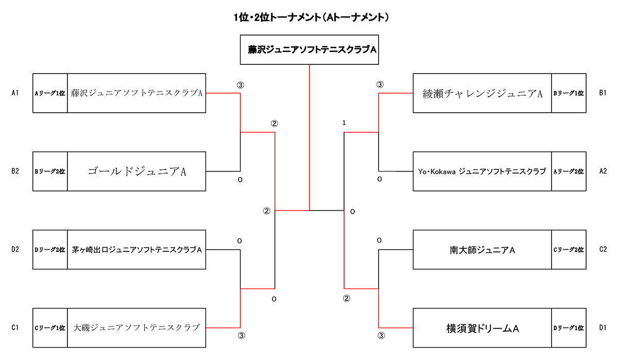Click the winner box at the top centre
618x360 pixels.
click(x=310, y=49)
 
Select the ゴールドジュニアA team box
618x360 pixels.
click(x=136, y=172)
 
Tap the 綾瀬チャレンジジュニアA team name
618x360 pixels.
click(x=482, y=93)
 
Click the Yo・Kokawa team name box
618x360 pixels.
click(x=482, y=172)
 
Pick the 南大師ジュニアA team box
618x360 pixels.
click(x=482, y=250)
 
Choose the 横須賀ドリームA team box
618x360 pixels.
click(x=482, y=328)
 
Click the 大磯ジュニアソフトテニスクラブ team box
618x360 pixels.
click(x=136, y=328)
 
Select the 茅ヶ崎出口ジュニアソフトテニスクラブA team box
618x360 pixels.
click(x=136, y=250)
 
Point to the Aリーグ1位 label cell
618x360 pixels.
click(x=50, y=93)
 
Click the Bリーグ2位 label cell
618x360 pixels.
click(x=50, y=172)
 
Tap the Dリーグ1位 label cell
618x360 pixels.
click(x=569, y=328)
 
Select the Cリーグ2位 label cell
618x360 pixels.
click(x=569, y=250)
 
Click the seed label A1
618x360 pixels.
click(x=15, y=93)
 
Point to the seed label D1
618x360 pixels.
click(x=603, y=328)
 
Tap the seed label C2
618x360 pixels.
click(x=603, y=250)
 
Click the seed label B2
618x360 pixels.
click(x=15, y=172)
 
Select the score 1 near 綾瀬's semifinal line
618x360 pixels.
click(x=344, y=123)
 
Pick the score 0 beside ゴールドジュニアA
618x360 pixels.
click(x=239, y=180)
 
